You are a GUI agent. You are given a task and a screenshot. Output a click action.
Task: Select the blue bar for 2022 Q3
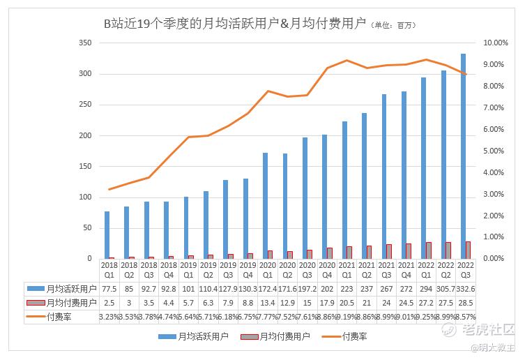(x=463, y=153)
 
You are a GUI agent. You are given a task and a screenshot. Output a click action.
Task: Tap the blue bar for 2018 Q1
(x=107, y=234)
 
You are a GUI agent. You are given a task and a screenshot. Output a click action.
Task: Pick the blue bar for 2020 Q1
(x=265, y=205)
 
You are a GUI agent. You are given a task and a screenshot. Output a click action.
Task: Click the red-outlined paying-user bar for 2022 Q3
(x=468, y=250)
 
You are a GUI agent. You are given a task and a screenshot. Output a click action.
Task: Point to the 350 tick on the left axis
(x=85, y=43)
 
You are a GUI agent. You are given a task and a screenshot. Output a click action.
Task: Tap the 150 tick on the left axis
(x=85, y=166)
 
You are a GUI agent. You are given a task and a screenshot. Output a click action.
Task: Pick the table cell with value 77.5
(x=108, y=288)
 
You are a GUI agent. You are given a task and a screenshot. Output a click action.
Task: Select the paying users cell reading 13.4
(x=266, y=302)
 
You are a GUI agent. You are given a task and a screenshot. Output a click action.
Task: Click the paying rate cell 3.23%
(x=108, y=316)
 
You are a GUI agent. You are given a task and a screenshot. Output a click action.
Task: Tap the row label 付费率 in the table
(x=59, y=316)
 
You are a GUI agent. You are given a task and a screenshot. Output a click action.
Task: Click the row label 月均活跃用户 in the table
(x=70, y=288)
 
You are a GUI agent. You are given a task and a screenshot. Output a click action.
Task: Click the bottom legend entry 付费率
(x=355, y=337)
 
